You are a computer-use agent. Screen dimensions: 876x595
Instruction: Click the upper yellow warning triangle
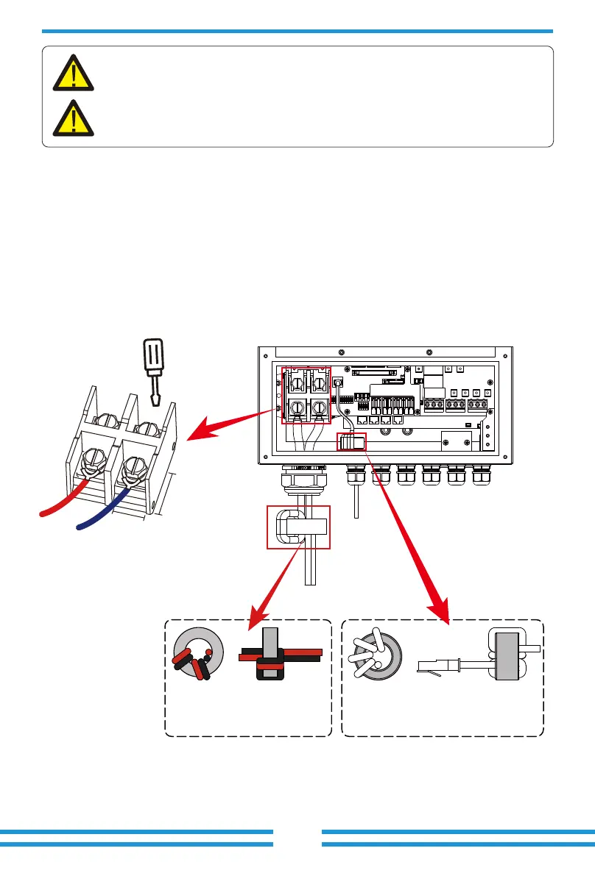click(x=74, y=72)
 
